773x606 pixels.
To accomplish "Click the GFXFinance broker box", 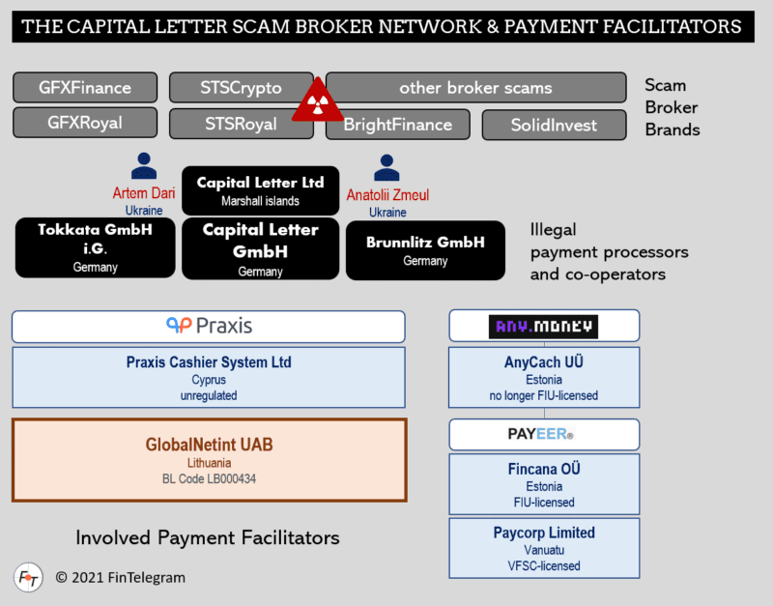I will tap(85, 87).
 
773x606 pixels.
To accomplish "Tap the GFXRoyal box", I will tap(85, 123).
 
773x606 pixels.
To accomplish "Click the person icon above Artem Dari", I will tap(144, 165).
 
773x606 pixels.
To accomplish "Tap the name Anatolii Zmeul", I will tap(387, 195).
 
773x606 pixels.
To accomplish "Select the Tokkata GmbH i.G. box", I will tap(95, 248).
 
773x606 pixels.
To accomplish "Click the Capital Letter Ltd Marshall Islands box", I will tap(260, 189).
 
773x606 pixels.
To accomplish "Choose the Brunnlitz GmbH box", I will tap(425, 250).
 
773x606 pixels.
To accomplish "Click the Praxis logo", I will tap(209, 326).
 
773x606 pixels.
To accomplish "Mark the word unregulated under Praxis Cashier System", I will tap(208, 396).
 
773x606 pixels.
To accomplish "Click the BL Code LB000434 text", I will tap(209, 478).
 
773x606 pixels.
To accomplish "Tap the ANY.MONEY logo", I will tap(543, 326).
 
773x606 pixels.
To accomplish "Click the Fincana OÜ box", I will tap(544, 484).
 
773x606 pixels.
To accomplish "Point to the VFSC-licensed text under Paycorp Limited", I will tap(544, 565).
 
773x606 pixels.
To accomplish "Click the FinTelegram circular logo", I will tap(28, 577).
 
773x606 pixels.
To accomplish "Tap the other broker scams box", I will tap(475, 87).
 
